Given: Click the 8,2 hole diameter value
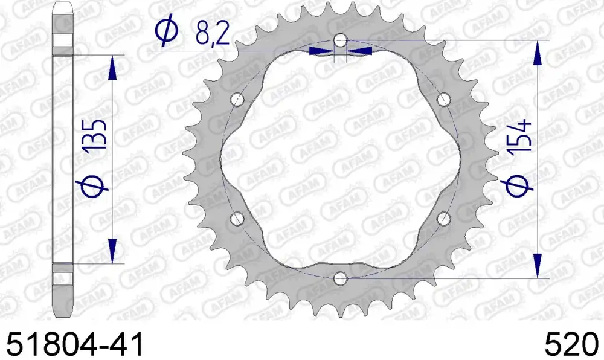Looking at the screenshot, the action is [x=213, y=33].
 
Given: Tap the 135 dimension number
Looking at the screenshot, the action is [x=95, y=135].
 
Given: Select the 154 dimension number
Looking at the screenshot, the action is [x=519, y=135].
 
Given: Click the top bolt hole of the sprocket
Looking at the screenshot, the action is [x=340, y=40].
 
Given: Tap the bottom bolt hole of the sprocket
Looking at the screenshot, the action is [x=340, y=278].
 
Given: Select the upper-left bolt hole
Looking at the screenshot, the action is [x=237, y=99].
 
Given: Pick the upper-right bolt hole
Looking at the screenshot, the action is [x=444, y=99].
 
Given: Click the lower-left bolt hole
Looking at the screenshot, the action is [x=237, y=219].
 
